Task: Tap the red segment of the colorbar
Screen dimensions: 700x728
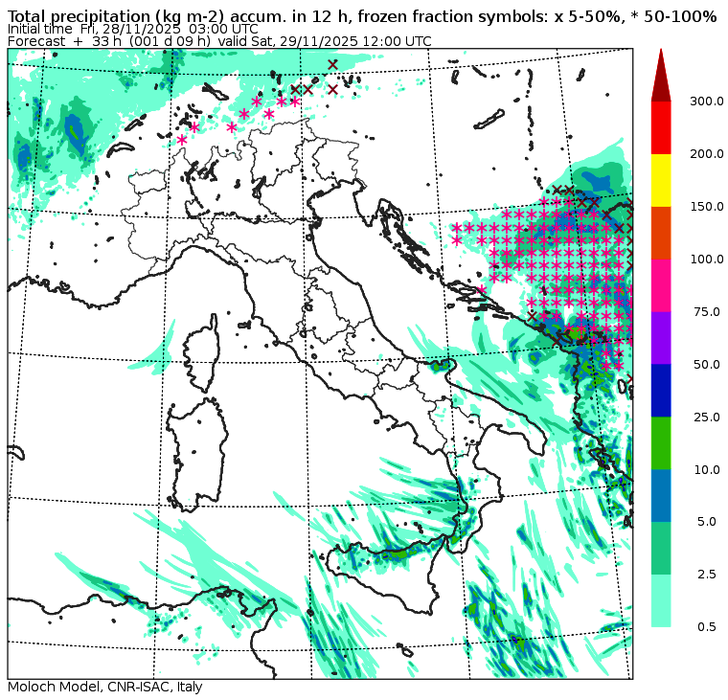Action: [661, 127]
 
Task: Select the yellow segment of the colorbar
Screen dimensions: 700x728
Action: [661, 180]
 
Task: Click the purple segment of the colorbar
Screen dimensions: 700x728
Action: [661, 338]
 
